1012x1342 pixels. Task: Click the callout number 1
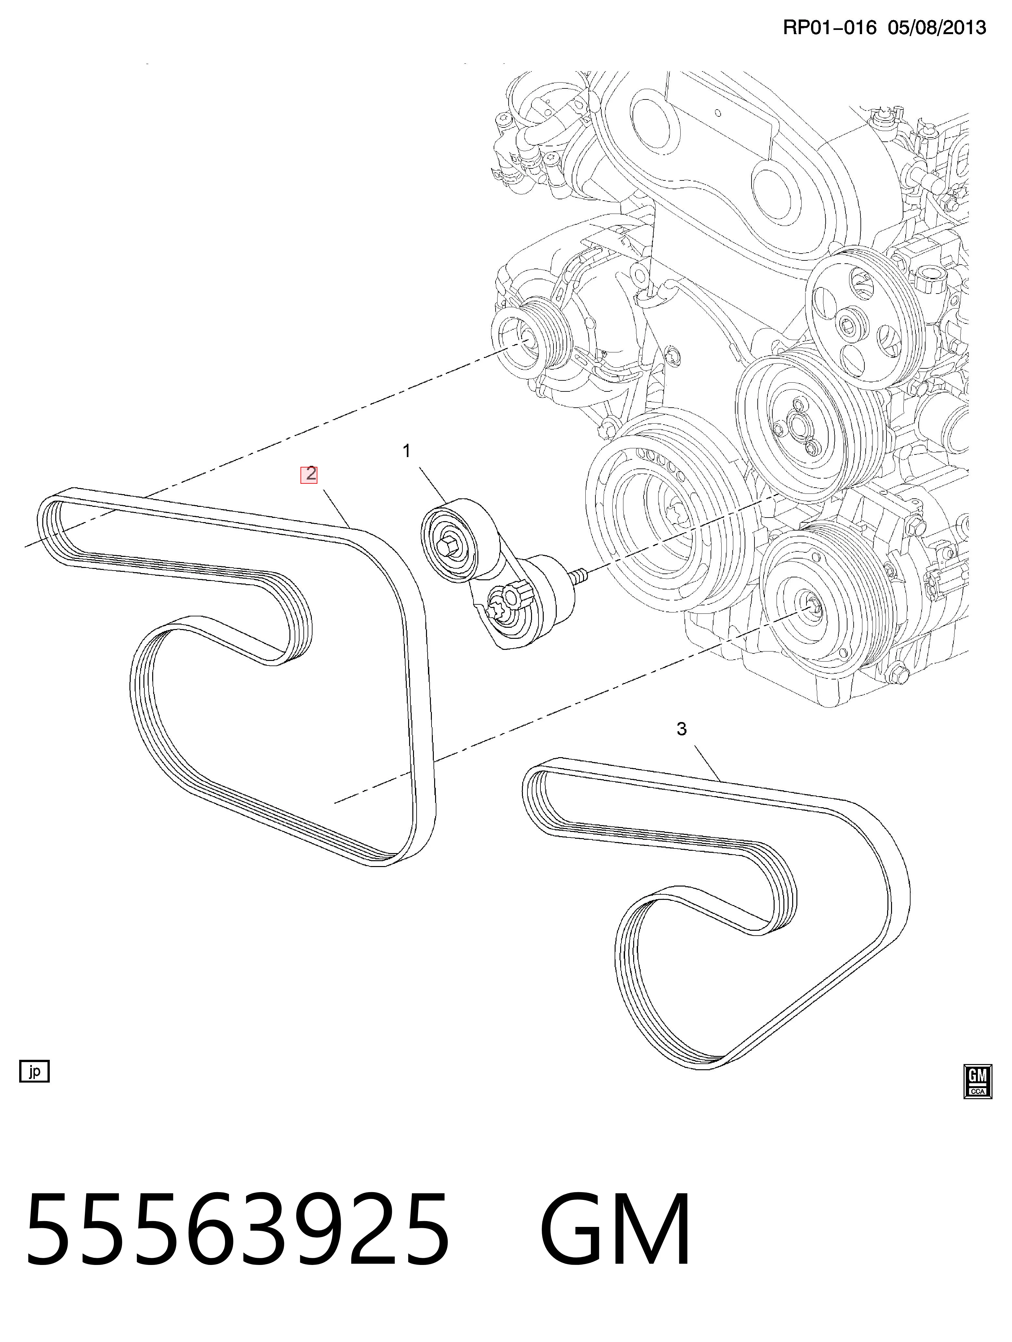pyautogui.click(x=406, y=451)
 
